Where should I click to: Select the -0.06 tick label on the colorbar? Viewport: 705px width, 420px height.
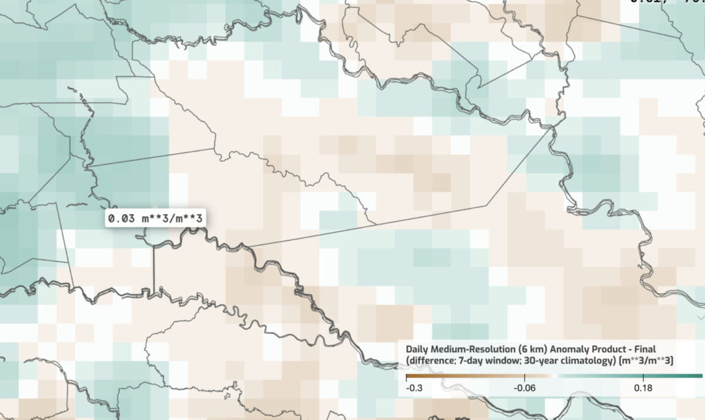525,388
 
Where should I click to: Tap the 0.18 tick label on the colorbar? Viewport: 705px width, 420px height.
642,388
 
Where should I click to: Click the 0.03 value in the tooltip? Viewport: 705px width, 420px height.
118,218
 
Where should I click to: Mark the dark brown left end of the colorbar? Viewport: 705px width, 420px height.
408,377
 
